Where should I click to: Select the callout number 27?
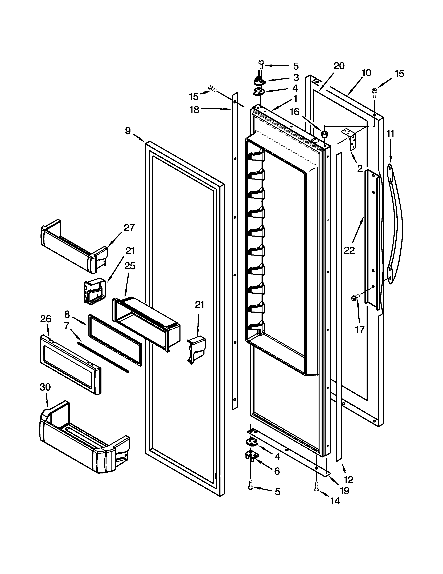[x=129, y=228]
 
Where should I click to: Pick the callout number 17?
[x=360, y=330]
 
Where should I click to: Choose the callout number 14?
[x=335, y=501]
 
